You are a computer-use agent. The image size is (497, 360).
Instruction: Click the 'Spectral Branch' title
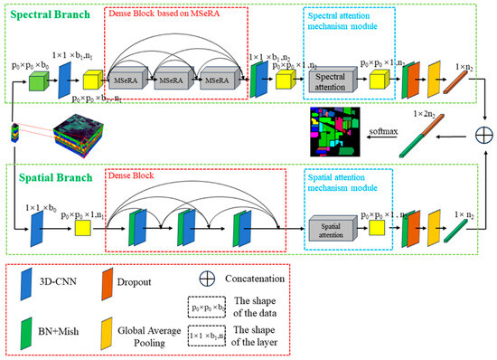click(x=46, y=15)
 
